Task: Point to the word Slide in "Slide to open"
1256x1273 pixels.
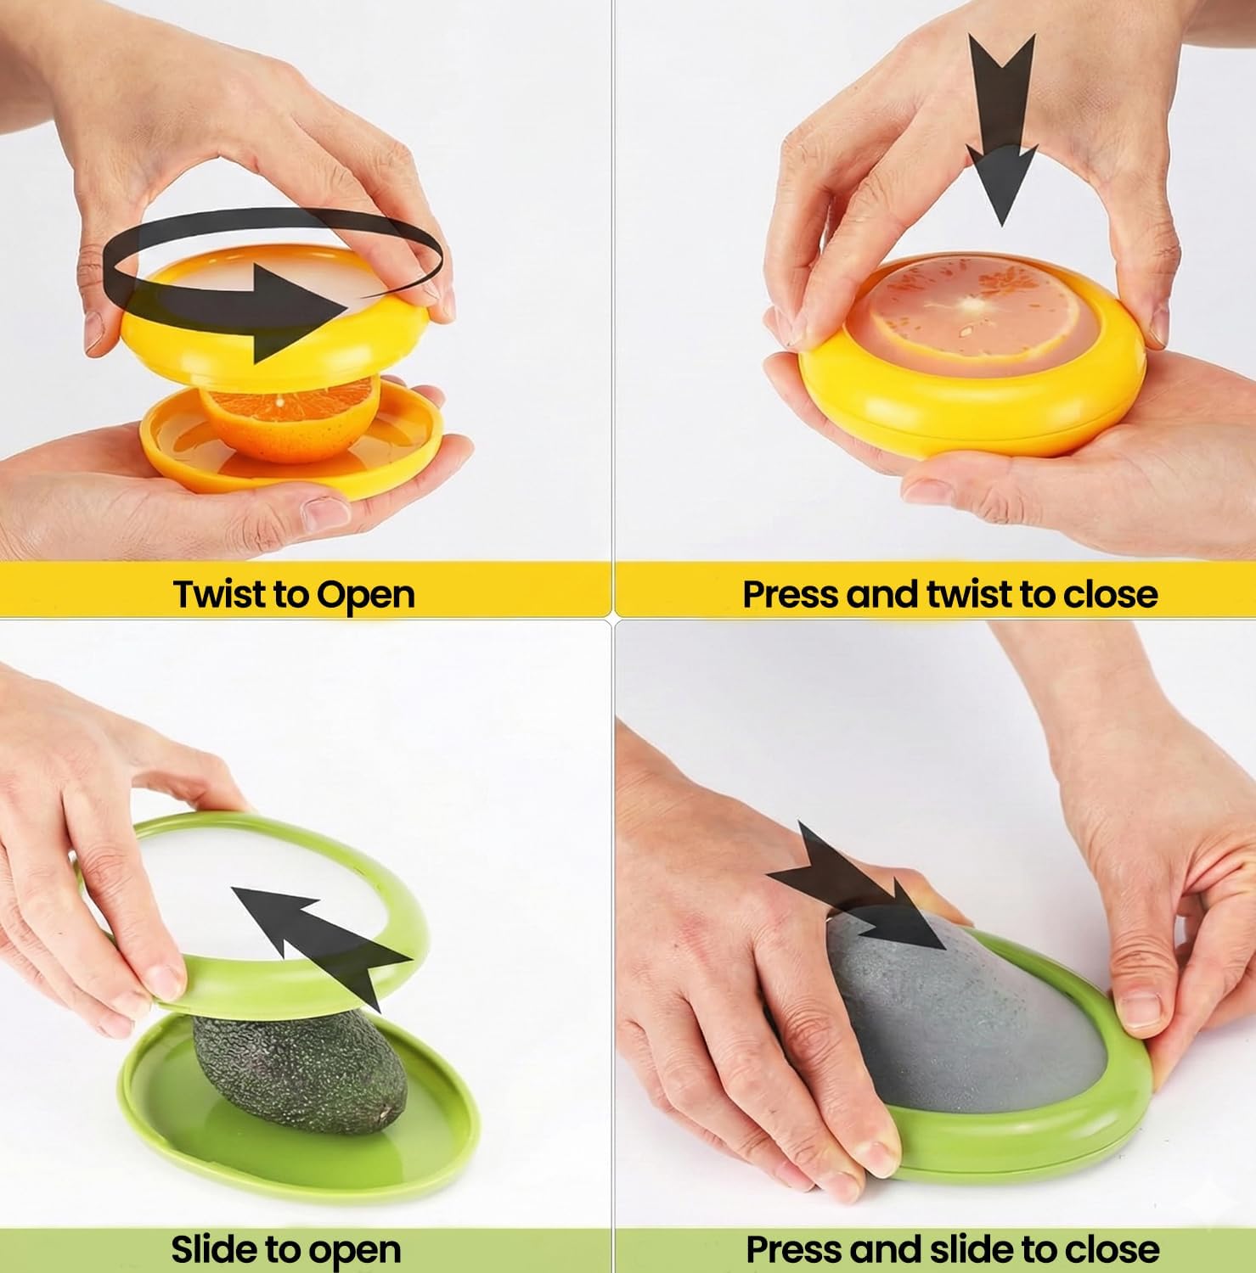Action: click(x=213, y=1249)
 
